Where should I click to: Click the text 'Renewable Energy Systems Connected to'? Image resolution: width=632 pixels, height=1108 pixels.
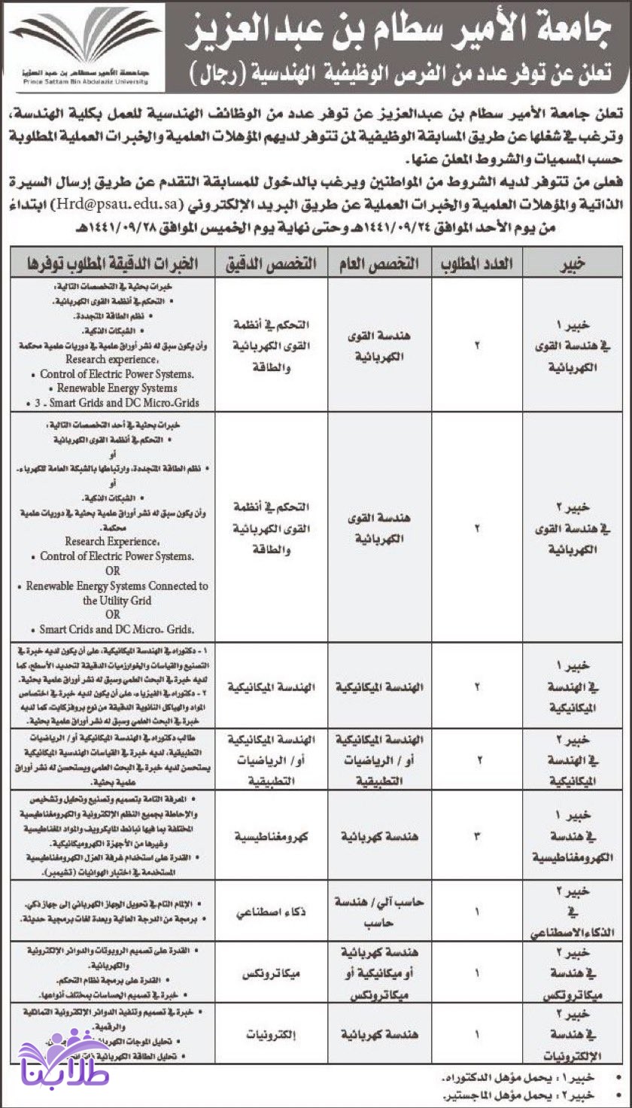pos(117,586)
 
